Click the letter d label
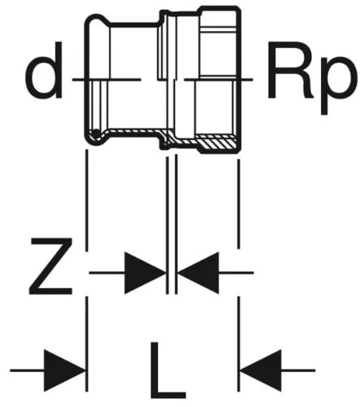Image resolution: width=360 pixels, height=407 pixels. point(44,70)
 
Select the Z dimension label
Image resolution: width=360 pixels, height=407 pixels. point(50,266)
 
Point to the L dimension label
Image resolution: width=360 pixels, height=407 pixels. point(168,370)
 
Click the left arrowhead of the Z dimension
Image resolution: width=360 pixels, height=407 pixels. point(145,273)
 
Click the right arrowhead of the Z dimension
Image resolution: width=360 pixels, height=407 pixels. point(199,273)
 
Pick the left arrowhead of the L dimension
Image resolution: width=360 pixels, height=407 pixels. point(64,370)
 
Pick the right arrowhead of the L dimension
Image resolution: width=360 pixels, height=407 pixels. point(261,370)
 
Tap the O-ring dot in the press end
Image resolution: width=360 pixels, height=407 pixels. point(96,133)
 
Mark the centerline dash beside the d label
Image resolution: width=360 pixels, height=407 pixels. point(107,80)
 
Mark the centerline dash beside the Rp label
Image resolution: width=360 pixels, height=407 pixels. point(219,80)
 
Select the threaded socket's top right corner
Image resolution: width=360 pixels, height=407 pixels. point(239,7)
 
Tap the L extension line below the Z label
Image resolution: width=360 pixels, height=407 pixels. point(86,344)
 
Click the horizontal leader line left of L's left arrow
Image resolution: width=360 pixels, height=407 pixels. point(27,370)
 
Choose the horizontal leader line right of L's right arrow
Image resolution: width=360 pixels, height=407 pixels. point(298,370)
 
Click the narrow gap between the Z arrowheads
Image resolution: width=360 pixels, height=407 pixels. point(172,273)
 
